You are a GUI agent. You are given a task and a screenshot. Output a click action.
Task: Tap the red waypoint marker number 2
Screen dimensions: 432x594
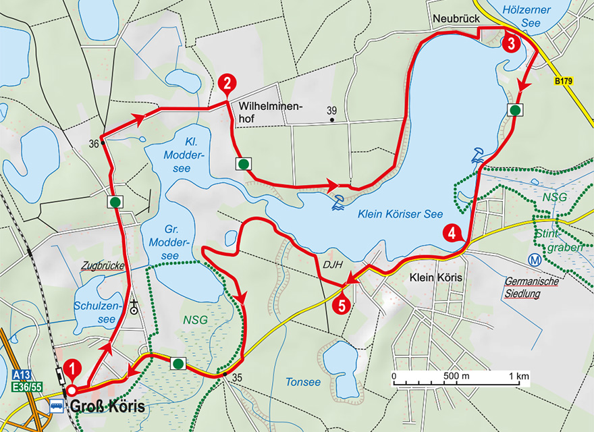(x=227, y=84)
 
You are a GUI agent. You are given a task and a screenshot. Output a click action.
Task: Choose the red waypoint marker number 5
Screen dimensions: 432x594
(x=342, y=305)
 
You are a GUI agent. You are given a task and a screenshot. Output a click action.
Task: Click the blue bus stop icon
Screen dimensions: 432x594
(x=57, y=406)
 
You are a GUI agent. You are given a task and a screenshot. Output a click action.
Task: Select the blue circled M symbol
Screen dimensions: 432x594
(x=535, y=259)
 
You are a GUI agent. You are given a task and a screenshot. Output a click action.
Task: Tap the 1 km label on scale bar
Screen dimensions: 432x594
(x=518, y=375)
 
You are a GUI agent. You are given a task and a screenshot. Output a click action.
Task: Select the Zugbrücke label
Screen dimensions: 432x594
(x=102, y=266)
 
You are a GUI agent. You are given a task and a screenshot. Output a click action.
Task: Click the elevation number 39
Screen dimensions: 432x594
(x=331, y=110)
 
